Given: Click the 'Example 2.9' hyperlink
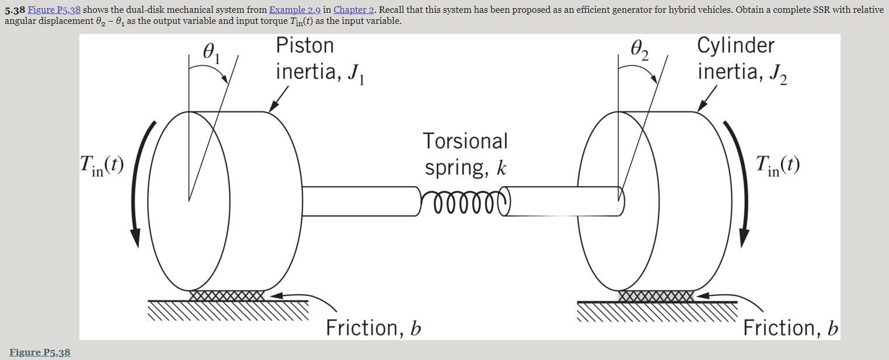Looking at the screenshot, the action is pyautogui.click(x=294, y=10).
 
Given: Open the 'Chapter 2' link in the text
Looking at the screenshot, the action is pyautogui.click(x=353, y=10).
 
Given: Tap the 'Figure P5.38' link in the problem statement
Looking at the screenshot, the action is pyautogui.click(x=54, y=10).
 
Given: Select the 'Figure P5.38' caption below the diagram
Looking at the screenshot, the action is pyautogui.click(x=40, y=352).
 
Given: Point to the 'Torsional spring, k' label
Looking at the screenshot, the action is pyautogui.click(x=465, y=154).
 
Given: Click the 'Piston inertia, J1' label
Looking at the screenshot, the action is pyautogui.click(x=319, y=59).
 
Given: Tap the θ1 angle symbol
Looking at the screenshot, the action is pyautogui.click(x=211, y=53).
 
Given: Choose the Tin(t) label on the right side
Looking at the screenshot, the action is pyautogui.click(x=778, y=165).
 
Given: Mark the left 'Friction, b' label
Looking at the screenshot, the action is pyautogui.click(x=373, y=328).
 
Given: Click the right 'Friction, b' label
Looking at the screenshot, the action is pyautogui.click(x=790, y=328).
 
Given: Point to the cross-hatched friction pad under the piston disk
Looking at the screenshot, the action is pyautogui.click(x=226, y=296).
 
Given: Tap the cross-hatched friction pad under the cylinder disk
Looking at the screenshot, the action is pyautogui.click(x=656, y=296).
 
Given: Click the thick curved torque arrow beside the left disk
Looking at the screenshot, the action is pyautogui.click(x=140, y=187).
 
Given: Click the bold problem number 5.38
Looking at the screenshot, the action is pyautogui.click(x=15, y=10).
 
